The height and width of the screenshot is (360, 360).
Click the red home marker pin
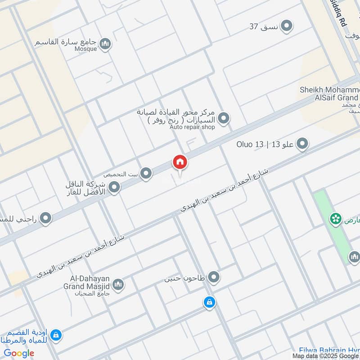180,162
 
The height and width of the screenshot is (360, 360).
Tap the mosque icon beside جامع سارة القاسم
105,43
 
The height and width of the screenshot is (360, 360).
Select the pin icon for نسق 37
286,27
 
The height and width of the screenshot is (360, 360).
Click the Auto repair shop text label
192,127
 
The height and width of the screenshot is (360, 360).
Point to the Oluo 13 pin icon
303,144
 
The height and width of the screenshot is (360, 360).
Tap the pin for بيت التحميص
145,174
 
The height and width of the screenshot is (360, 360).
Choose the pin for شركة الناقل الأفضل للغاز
114,188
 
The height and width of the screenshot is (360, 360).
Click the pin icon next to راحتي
45,219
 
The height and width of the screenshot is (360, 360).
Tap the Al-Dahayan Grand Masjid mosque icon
118,284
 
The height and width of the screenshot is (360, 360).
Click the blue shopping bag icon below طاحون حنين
209,302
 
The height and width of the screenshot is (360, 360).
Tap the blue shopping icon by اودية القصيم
56,335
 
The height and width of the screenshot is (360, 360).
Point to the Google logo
19,353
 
